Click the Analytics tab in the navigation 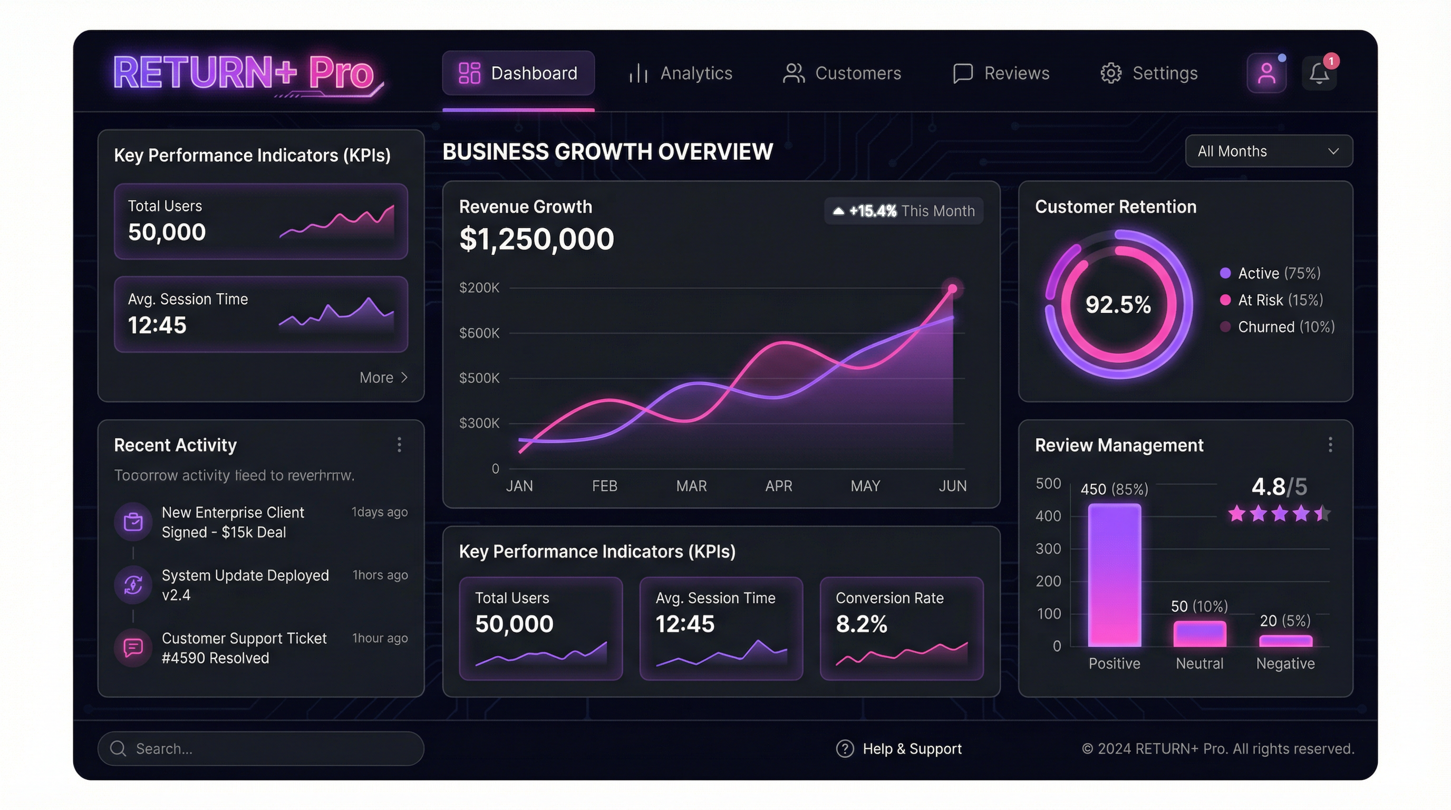(681, 73)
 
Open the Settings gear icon (1111, 73)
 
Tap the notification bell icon (1319, 73)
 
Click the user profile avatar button (1266, 73)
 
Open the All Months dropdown (1269, 151)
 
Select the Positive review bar (1114, 575)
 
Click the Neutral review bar (1199, 634)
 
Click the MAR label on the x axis (691, 486)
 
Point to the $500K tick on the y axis (479, 378)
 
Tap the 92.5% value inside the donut (1118, 305)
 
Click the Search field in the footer (260, 749)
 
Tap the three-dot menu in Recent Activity (399, 445)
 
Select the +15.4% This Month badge (904, 210)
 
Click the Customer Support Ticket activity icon (133, 648)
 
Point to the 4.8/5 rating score (1279, 487)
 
